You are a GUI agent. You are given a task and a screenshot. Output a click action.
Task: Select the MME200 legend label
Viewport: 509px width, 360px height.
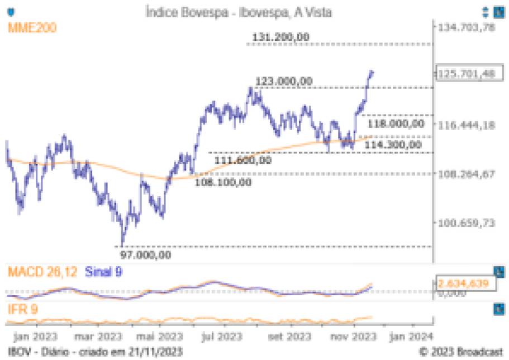[31, 28]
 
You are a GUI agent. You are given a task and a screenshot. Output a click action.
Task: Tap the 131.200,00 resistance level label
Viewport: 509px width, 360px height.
[281, 37]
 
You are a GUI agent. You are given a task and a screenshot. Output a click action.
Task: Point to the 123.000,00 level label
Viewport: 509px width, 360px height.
[284, 81]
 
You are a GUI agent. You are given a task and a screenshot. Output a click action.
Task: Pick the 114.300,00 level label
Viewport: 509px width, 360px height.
[393, 145]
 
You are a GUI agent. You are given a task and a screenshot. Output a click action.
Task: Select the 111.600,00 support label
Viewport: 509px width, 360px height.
[243, 160]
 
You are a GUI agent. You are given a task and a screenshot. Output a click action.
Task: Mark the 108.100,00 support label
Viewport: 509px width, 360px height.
[223, 182]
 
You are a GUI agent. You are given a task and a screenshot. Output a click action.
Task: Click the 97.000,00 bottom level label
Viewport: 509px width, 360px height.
[146, 255]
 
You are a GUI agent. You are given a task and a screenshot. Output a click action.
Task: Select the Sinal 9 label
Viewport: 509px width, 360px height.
[103, 272]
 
